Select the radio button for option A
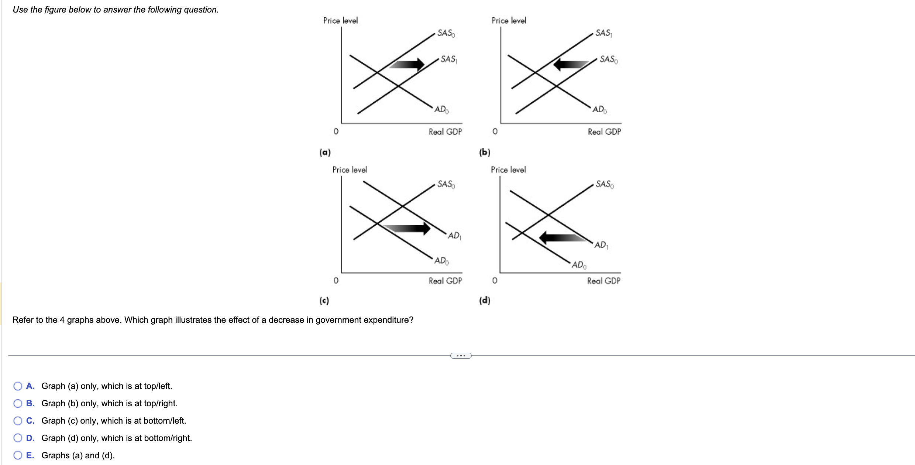coord(18,386)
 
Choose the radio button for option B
coord(18,403)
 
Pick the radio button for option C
coord(18,421)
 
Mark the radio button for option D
coord(18,438)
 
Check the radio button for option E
coord(18,455)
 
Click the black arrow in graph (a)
coord(407,64)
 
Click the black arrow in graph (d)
coord(563,237)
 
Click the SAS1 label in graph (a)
coord(448,59)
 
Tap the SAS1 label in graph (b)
coord(604,33)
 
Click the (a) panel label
coord(325,152)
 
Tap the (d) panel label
coord(485,300)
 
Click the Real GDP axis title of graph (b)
coord(604,131)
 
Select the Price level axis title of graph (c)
coord(350,170)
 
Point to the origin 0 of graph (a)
coord(336,131)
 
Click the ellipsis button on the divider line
coord(461,356)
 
